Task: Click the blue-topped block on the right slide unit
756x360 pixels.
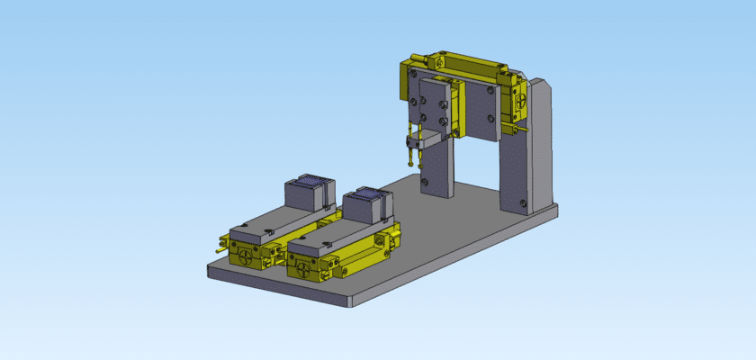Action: [x=364, y=205]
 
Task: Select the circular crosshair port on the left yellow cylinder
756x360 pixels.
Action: [x=247, y=256]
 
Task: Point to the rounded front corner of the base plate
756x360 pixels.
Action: [x=347, y=302]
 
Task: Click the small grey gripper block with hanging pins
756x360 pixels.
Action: [x=425, y=140]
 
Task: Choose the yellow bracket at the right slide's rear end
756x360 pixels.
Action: [x=389, y=236]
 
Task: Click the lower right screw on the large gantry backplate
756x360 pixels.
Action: [x=490, y=117]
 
